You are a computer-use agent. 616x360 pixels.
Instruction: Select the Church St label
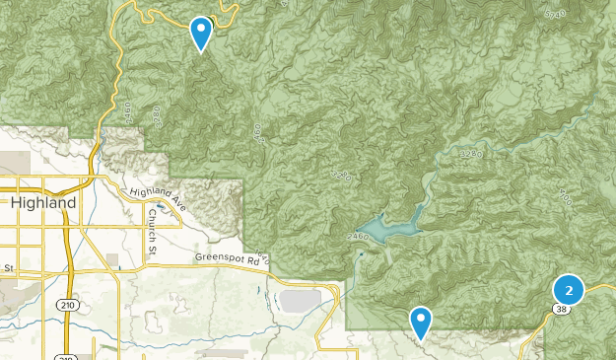(x=153, y=218)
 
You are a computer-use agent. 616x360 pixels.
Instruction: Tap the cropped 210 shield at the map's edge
(x=65, y=356)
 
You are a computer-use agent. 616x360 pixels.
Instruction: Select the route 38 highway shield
(x=560, y=309)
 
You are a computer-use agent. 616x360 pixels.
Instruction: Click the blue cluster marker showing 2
(x=569, y=290)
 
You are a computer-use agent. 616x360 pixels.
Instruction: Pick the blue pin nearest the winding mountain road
(x=201, y=32)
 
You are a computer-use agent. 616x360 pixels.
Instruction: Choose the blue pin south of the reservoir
(x=421, y=320)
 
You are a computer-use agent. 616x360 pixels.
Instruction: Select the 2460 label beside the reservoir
(x=358, y=237)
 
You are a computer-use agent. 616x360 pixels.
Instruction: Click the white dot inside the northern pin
(x=201, y=29)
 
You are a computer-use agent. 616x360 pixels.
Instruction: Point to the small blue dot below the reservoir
(x=363, y=255)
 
